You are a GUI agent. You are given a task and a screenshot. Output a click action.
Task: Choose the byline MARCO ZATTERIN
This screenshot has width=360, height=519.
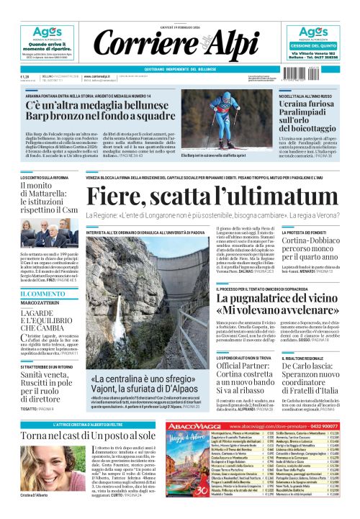point(40,302)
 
